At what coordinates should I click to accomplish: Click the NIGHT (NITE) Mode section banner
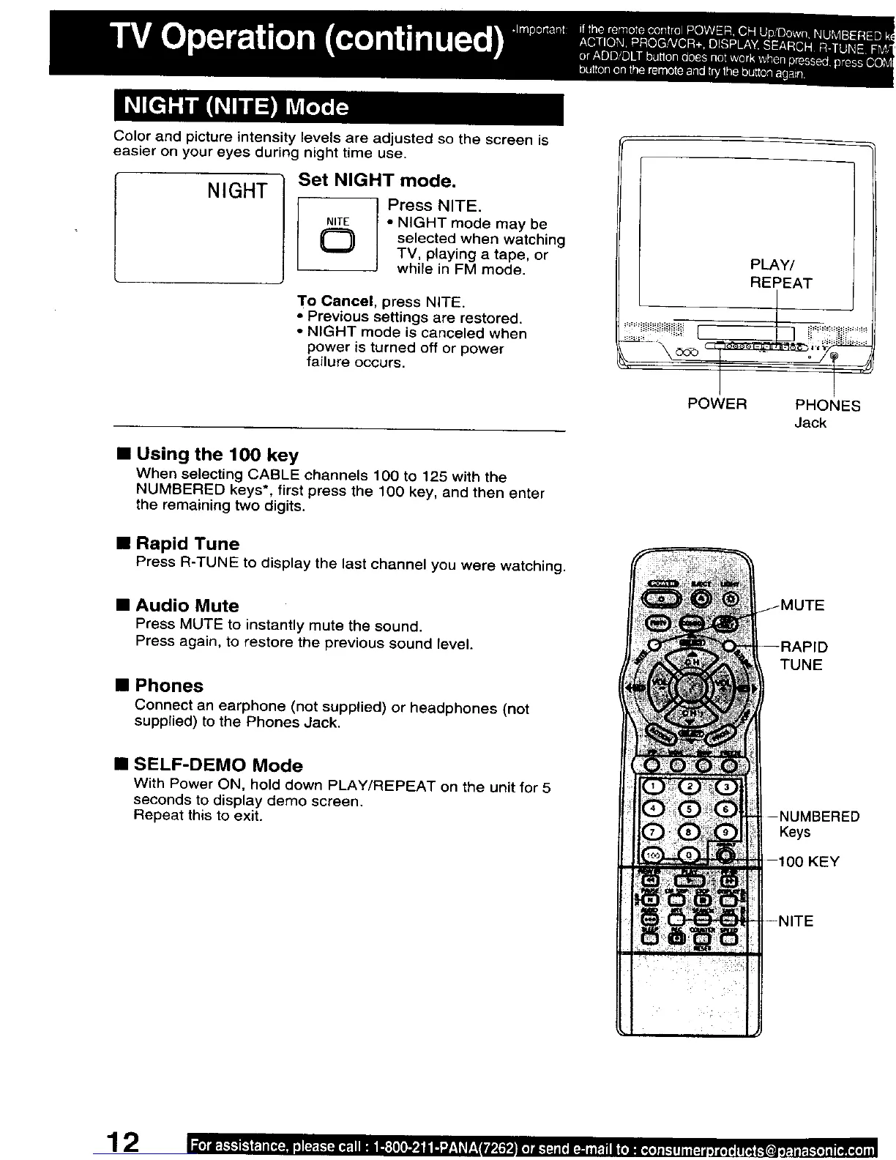point(338,108)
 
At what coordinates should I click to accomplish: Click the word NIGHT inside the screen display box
point(237,191)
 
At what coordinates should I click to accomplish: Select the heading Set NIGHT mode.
point(377,180)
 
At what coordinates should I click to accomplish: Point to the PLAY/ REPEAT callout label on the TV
point(780,274)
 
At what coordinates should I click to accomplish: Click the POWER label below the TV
point(717,404)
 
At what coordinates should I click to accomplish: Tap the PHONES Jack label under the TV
point(827,413)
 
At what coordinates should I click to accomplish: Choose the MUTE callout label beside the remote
point(802,606)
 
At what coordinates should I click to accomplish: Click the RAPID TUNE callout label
point(803,655)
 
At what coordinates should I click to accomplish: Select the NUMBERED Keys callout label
point(818,824)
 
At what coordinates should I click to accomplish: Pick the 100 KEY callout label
point(808,862)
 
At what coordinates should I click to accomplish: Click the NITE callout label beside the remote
point(796,921)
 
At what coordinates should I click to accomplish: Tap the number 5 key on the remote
point(690,809)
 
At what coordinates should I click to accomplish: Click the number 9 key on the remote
point(725,832)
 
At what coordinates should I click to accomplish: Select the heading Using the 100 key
point(217,455)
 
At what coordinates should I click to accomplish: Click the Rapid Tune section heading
point(187,544)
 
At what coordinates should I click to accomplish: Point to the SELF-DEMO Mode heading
point(218,765)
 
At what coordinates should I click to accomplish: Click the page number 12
point(123,1142)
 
